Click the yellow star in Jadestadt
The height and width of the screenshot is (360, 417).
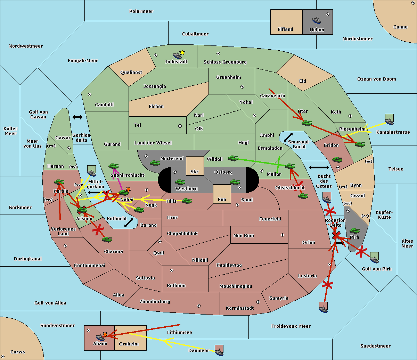coord(182,53)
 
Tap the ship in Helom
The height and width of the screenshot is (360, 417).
coord(317,20)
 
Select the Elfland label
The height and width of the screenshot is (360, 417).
coord(285,30)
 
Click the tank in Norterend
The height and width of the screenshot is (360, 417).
coord(155,163)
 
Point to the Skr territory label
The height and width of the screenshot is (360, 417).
coord(194,171)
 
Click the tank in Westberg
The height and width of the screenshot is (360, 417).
coord(180,182)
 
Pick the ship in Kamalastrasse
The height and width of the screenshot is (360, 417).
coord(389,121)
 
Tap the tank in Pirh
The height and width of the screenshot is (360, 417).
coord(354,231)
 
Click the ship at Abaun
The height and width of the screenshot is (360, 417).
coord(100,337)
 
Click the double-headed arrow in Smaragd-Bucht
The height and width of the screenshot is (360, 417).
coord(288,137)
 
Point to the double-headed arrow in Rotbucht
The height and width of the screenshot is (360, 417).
coord(129,223)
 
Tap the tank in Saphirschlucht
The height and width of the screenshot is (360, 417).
coord(113,166)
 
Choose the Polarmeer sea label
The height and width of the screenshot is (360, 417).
coord(141,11)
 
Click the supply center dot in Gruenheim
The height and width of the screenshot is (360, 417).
coord(242,87)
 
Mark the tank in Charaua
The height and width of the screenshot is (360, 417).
coord(107,239)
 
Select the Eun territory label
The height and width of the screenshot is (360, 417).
coord(222,199)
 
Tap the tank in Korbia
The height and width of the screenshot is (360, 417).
coord(59,182)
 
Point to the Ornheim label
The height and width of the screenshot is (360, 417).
coord(129,344)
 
